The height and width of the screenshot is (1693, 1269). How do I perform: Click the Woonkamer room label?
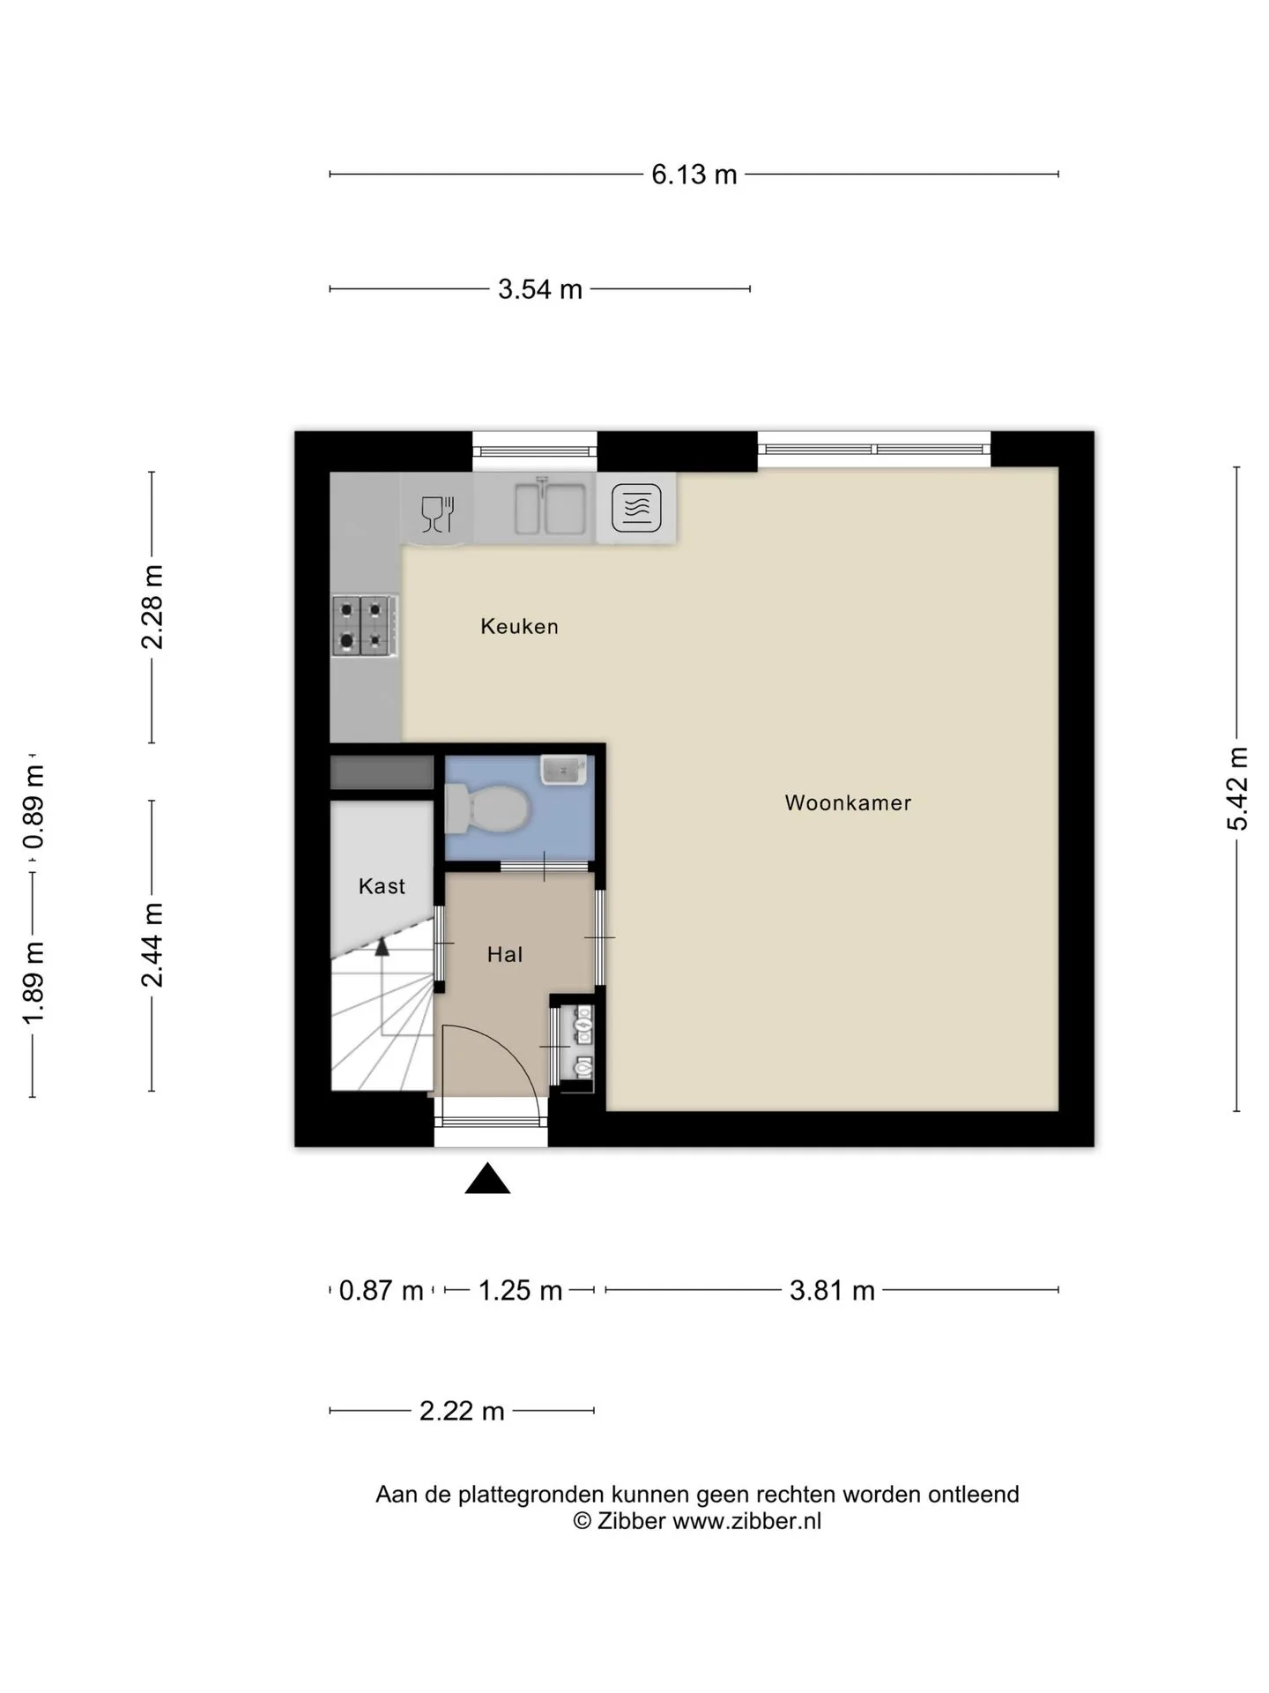[848, 802]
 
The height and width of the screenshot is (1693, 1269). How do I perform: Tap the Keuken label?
[519, 626]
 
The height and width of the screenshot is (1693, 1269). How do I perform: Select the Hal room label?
[505, 954]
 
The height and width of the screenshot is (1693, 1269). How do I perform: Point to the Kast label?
[382, 886]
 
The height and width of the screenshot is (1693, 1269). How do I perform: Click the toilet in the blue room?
[486, 809]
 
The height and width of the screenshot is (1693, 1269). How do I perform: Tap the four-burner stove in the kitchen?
[364, 626]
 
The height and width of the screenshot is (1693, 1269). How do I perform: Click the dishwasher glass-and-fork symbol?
[437, 513]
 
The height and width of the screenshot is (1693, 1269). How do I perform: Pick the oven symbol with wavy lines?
[636, 508]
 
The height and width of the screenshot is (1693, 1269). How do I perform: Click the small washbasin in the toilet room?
[563, 770]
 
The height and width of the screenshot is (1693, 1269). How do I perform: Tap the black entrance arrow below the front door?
[487, 1178]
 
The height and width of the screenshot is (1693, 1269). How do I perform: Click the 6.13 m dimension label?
[694, 175]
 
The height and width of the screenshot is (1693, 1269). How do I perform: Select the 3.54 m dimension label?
[540, 289]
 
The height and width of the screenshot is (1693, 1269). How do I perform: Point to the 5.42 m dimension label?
[1238, 788]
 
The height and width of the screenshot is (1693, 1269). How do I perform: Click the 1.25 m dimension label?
[520, 1291]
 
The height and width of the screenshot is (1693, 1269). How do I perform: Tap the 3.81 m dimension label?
[832, 1291]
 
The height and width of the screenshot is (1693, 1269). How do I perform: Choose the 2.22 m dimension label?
[462, 1411]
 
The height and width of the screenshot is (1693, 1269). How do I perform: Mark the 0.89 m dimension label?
[33, 808]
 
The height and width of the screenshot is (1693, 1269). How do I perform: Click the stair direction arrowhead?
[382, 947]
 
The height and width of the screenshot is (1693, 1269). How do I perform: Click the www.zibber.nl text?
[747, 1521]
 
